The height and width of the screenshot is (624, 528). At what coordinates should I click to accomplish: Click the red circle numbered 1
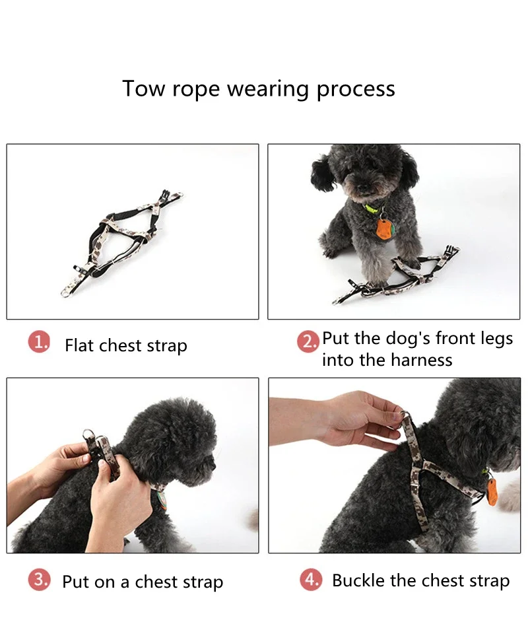click(39, 342)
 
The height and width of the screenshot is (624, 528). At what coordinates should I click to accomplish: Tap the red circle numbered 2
click(308, 341)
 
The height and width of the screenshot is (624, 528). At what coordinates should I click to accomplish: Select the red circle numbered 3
click(39, 580)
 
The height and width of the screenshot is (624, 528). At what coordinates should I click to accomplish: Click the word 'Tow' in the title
click(143, 88)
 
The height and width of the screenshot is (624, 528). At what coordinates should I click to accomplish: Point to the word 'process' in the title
click(356, 90)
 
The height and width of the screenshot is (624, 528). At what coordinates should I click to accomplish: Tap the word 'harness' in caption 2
click(422, 360)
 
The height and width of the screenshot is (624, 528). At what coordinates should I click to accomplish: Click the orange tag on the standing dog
click(383, 230)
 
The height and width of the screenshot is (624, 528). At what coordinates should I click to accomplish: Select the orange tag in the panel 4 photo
click(492, 492)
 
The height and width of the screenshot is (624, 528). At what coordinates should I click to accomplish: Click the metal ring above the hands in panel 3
click(88, 434)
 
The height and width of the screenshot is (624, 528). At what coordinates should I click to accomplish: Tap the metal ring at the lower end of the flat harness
click(65, 293)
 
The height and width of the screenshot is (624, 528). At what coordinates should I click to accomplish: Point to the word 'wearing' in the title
click(267, 90)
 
